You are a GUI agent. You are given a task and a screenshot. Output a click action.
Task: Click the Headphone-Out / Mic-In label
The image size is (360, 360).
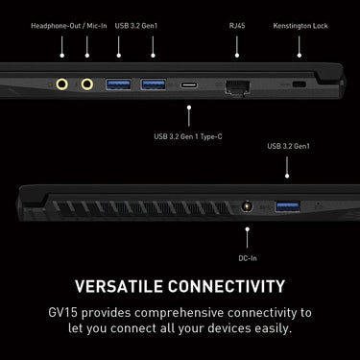tap(69, 26)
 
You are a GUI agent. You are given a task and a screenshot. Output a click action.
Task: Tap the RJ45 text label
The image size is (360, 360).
tap(237, 26)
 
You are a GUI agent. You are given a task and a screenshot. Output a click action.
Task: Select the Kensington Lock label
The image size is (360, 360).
tap(300, 26)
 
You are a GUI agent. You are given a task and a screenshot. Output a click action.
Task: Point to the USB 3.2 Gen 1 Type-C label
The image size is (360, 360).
tap(188, 136)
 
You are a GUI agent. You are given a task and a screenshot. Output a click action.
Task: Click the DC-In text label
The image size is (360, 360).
tap(248, 258)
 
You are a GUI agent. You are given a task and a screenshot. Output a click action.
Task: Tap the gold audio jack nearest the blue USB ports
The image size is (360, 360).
tap(87, 84)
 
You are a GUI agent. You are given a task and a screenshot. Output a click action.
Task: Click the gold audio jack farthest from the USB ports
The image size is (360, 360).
tap(62, 84)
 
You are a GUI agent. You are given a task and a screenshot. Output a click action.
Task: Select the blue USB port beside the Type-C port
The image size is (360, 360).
tap(154, 84)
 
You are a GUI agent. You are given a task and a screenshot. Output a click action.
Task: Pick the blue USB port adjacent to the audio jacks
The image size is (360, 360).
tap(118, 84)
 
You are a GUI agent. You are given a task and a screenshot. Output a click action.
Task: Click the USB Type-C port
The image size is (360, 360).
tap(189, 85)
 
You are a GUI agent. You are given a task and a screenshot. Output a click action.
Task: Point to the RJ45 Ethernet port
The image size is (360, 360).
tap(237, 86)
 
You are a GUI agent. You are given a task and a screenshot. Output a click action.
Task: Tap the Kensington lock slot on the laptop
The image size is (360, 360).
tap(300, 84)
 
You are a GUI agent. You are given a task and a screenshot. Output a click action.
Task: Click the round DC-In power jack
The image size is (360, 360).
tap(247, 206)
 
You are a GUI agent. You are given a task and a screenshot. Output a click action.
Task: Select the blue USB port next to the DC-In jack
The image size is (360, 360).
tap(288, 206)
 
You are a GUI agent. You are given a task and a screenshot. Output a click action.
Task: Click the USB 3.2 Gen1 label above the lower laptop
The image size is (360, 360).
tap(288, 146)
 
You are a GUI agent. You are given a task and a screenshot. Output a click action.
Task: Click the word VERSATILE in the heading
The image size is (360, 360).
tap(119, 286)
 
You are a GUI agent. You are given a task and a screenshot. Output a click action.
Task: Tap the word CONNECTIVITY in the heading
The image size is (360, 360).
tap(227, 286)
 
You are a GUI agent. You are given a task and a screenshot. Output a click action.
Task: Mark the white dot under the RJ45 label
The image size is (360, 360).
tap(237, 56)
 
